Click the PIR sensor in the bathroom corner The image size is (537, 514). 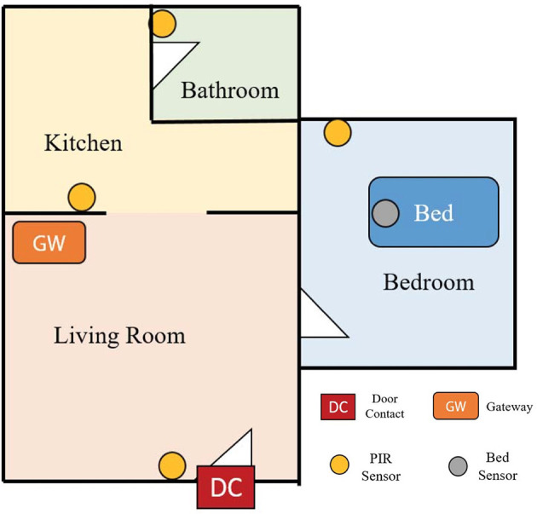click(x=162, y=24)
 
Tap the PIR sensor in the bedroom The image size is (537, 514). click(x=338, y=133)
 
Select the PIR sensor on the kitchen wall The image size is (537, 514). click(x=82, y=197)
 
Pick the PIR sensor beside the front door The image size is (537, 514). click(x=172, y=465)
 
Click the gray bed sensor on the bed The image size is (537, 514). click(x=385, y=213)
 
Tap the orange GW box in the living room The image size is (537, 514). click(x=49, y=242)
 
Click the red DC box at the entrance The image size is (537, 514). click(x=226, y=487)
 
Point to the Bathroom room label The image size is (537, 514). click(x=230, y=90)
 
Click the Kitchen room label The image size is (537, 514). click(x=84, y=143)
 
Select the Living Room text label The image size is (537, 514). click(x=119, y=336)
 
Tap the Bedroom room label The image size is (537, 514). click(x=429, y=282)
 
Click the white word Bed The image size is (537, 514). click(x=434, y=212)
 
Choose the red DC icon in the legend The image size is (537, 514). click(x=338, y=407)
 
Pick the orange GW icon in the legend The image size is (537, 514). click(x=455, y=406)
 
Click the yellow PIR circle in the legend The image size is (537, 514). click(x=339, y=465)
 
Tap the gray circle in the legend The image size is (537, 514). click(x=458, y=466)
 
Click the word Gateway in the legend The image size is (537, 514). click(x=509, y=407)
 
